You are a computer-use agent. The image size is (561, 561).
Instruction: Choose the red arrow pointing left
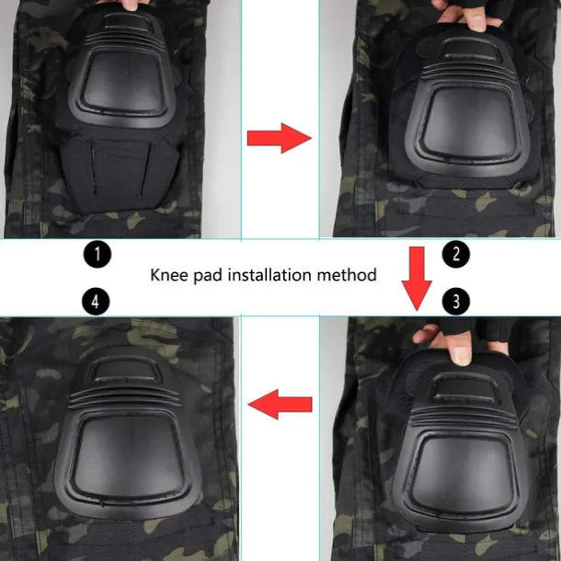point(280,403)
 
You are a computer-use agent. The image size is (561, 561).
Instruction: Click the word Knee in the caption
point(171,274)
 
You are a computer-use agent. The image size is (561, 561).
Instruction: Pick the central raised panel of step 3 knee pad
point(451,464)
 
